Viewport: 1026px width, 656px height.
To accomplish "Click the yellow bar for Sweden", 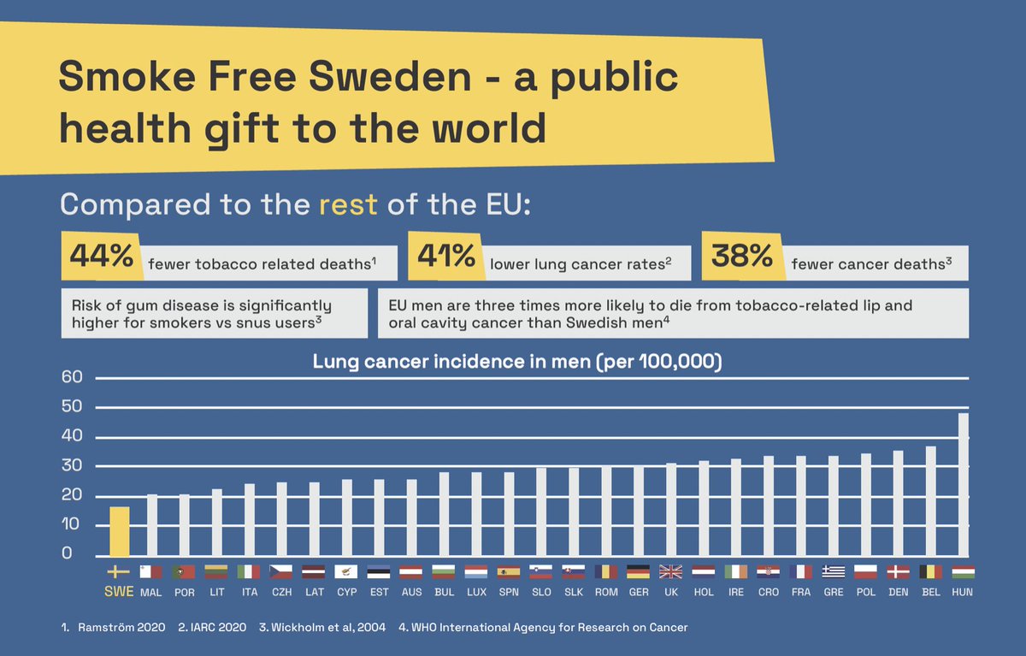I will [x=120, y=531].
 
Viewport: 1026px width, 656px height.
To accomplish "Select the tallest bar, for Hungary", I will [x=963, y=484].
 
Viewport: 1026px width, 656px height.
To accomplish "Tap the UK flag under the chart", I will [x=670, y=571].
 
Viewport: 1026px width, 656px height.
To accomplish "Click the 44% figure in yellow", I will [x=101, y=257].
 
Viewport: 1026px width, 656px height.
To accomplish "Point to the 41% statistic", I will [x=445, y=257].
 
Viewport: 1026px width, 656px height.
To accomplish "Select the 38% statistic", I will [x=742, y=257].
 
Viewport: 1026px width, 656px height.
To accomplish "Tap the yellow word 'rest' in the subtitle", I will [x=348, y=205].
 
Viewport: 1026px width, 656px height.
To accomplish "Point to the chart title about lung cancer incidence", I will [x=517, y=362].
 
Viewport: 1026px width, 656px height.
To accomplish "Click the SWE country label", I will [x=119, y=592].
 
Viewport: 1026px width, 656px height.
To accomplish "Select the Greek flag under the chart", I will [x=833, y=571].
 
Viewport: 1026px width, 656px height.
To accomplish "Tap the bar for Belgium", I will [x=930, y=500].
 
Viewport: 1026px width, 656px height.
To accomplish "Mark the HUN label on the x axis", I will [x=962, y=592].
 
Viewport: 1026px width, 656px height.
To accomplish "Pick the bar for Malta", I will [x=152, y=525].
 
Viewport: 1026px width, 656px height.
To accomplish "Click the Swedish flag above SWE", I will [x=119, y=571].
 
